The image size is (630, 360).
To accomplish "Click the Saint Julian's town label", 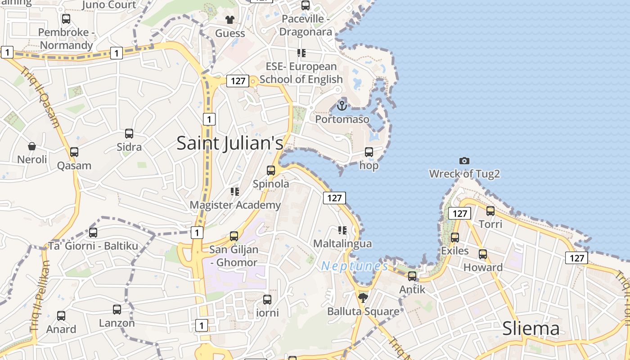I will [230, 143].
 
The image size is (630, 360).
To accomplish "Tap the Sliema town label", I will [531, 328].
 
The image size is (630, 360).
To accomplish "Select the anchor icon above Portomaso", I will [342, 106].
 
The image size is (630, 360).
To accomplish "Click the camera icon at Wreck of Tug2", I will [464, 161].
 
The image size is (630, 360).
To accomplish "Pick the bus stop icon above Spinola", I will [271, 171].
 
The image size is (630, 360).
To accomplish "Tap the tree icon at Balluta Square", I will [363, 297].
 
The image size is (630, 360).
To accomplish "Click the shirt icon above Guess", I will [230, 20].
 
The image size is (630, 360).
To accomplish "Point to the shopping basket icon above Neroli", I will [32, 146].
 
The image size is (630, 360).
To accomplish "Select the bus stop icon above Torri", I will [490, 211].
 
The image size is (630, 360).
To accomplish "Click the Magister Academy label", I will [235, 205].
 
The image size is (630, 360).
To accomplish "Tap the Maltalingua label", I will [342, 243].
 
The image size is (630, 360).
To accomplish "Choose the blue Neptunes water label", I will [355, 266].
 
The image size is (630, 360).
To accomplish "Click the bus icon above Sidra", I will [129, 134].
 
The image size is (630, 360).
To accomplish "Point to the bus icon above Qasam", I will [74, 152].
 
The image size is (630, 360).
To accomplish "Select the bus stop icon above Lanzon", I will [117, 310].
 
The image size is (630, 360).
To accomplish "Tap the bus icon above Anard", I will [61, 316].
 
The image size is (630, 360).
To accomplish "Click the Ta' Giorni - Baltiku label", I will [93, 246].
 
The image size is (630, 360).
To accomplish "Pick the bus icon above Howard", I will [483, 254].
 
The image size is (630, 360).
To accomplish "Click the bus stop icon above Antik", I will [412, 276].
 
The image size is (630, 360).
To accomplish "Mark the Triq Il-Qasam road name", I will [41, 97].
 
